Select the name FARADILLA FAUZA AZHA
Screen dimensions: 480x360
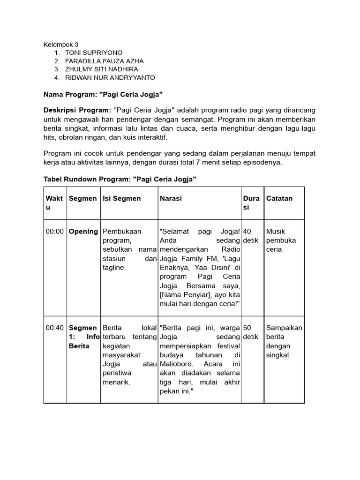coord(104,61)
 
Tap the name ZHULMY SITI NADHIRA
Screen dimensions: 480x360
coord(101,69)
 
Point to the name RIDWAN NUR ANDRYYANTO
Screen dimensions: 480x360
coord(110,78)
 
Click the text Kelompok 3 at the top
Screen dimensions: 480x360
coord(61,45)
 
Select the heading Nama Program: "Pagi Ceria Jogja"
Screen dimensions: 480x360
coord(103,95)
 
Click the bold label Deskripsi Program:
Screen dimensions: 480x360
coord(77,110)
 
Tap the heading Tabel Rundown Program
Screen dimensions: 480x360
coord(120,180)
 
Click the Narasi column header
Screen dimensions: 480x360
coord(171,198)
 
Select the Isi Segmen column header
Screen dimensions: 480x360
coord(121,198)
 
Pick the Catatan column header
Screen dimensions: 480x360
coord(279,198)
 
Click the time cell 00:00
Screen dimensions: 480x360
coord(54,232)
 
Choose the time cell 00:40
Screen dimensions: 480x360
coord(54,328)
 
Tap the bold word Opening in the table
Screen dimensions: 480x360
coord(83,232)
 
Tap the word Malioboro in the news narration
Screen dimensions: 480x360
coord(174,364)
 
